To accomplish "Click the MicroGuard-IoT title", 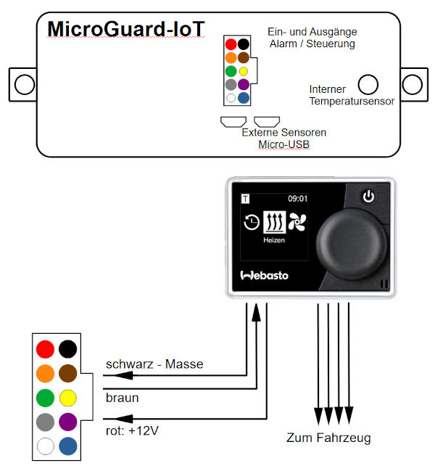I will [126, 29].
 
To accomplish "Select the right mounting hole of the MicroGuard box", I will [413, 83].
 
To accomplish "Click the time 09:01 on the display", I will [297, 197].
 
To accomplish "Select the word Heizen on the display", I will [274, 239].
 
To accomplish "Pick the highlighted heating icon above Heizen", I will [274, 221].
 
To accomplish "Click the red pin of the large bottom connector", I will [46, 349].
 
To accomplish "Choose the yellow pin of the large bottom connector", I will [68, 398].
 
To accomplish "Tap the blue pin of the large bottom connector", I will [68, 446].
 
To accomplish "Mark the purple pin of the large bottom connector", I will [68, 422].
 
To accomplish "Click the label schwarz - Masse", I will [154, 364].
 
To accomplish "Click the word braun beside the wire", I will [123, 398].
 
